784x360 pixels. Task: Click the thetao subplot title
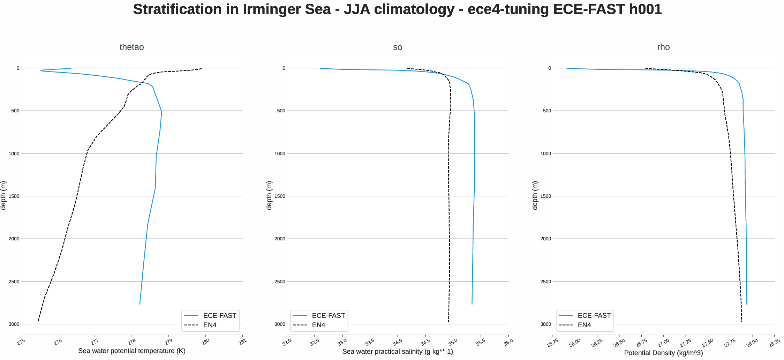(131, 47)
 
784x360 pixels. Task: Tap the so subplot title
(398, 47)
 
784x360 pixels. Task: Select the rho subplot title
(663, 47)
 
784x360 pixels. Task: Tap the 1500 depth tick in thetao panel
(14, 196)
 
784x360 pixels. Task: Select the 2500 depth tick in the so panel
(280, 282)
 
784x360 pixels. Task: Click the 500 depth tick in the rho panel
(547, 111)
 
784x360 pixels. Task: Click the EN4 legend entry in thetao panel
(210, 325)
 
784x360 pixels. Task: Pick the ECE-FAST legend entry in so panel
(328, 316)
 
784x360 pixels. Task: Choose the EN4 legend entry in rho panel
(584, 325)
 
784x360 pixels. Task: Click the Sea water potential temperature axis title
(131, 351)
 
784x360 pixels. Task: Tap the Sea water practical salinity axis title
(398, 352)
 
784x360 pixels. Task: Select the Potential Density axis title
(663, 353)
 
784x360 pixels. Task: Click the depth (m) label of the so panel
(269, 195)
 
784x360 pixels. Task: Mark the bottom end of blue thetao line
(140, 304)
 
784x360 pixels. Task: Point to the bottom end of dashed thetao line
(38, 322)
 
